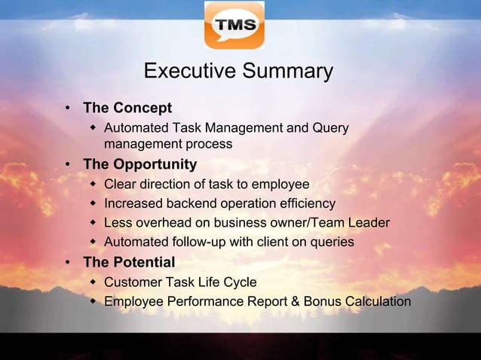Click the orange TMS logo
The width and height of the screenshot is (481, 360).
pyautogui.click(x=234, y=26)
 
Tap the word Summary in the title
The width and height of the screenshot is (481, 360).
pyautogui.click(x=286, y=72)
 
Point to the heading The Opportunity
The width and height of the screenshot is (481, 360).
pyautogui.click(x=139, y=164)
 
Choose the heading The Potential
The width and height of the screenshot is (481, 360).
pyautogui.click(x=129, y=262)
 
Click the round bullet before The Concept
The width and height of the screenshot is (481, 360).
pyautogui.click(x=69, y=108)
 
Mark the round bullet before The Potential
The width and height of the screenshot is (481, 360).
pyautogui.click(x=69, y=263)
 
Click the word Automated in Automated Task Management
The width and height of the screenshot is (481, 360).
pyautogui.click(x=134, y=129)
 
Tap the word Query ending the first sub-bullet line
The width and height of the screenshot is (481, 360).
pyautogui.click(x=329, y=129)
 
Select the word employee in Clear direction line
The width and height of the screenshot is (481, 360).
pyautogui.click(x=280, y=185)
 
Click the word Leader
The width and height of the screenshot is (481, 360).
pyautogui.click(x=369, y=223)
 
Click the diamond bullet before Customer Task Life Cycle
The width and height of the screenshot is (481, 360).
pyautogui.click(x=93, y=282)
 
